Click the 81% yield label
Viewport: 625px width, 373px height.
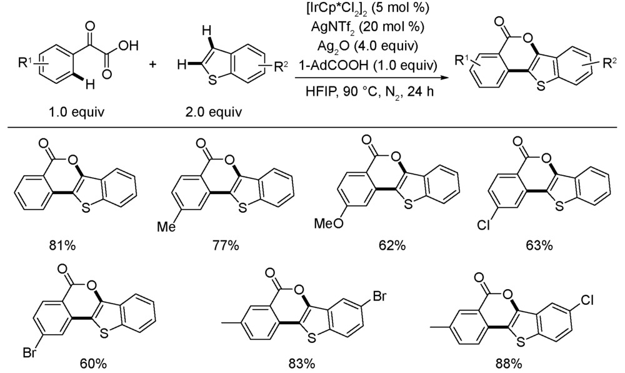[62, 245]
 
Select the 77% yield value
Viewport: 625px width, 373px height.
[226, 245]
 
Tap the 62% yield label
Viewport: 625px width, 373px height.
[392, 245]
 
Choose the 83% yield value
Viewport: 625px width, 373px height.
[302, 364]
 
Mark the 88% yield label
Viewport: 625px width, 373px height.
[509, 364]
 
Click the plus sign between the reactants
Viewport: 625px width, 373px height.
[153, 64]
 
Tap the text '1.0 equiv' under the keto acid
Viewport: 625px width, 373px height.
[74, 112]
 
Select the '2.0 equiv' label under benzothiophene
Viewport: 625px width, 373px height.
[213, 112]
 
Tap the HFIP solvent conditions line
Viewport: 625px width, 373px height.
[369, 92]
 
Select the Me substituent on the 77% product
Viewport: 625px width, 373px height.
[166, 227]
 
